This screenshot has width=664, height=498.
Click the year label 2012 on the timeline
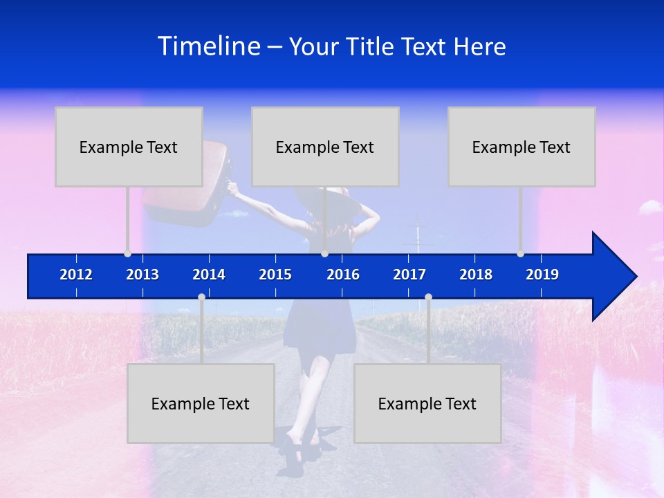pyautogui.click(x=76, y=275)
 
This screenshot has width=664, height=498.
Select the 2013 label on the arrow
pyautogui.click(x=142, y=275)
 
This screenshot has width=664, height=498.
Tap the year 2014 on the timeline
pyautogui.click(x=209, y=275)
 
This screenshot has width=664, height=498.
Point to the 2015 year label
pyautogui.click(x=275, y=275)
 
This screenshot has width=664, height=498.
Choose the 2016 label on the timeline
pyautogui.click(x=343, y=275)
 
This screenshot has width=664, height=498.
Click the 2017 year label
pyautogui.click(x=409, y=275)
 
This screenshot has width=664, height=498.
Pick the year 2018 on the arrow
pyautogui.click(x=476, y=275)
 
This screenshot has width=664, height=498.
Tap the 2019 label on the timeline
pyautogui.click(x=542, y=275)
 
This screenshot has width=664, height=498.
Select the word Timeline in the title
pyautogui.click(x=209, y=46)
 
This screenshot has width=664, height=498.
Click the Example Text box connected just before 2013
pyautogui.click(x=129, y=147)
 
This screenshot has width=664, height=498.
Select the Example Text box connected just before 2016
pyautogui.click(x=325, y=147)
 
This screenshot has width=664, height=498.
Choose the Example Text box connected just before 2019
pyautogui.click(x=522, y=147)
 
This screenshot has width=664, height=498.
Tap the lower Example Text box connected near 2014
pyautogui.click(x=201, y=403)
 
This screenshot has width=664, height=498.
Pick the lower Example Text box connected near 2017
pyautogui.click(x=427, y=403)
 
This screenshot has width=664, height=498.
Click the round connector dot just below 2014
pyautogui.click(x=201, y=297)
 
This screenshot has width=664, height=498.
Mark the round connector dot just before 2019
pyautogui.click(x=521, y=253)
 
